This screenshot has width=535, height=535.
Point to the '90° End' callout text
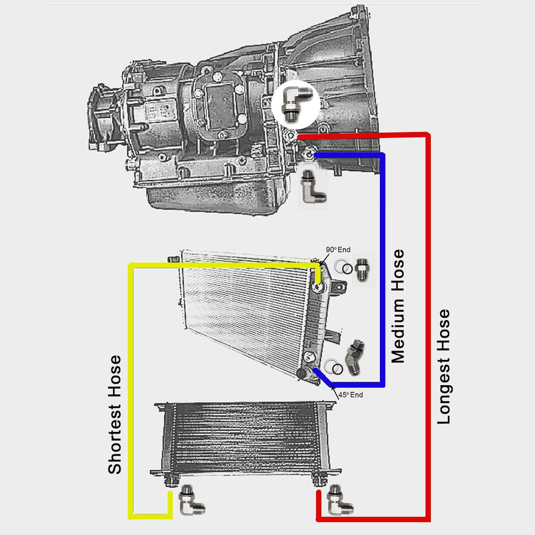pyautogui.click(x=338, y=250)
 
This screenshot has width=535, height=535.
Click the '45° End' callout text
pyautogui.click(x=351, y=395)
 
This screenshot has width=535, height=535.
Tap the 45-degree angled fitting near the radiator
pyautogui.click(x=354, y=357)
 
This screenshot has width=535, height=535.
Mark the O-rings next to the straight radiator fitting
pyautogui.click(x=343, y=267)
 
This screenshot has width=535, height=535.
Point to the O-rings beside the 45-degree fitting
pyautogui.click(x=333, y=367)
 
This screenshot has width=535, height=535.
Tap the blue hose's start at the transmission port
pyautogui.click(x=317, y=155)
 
